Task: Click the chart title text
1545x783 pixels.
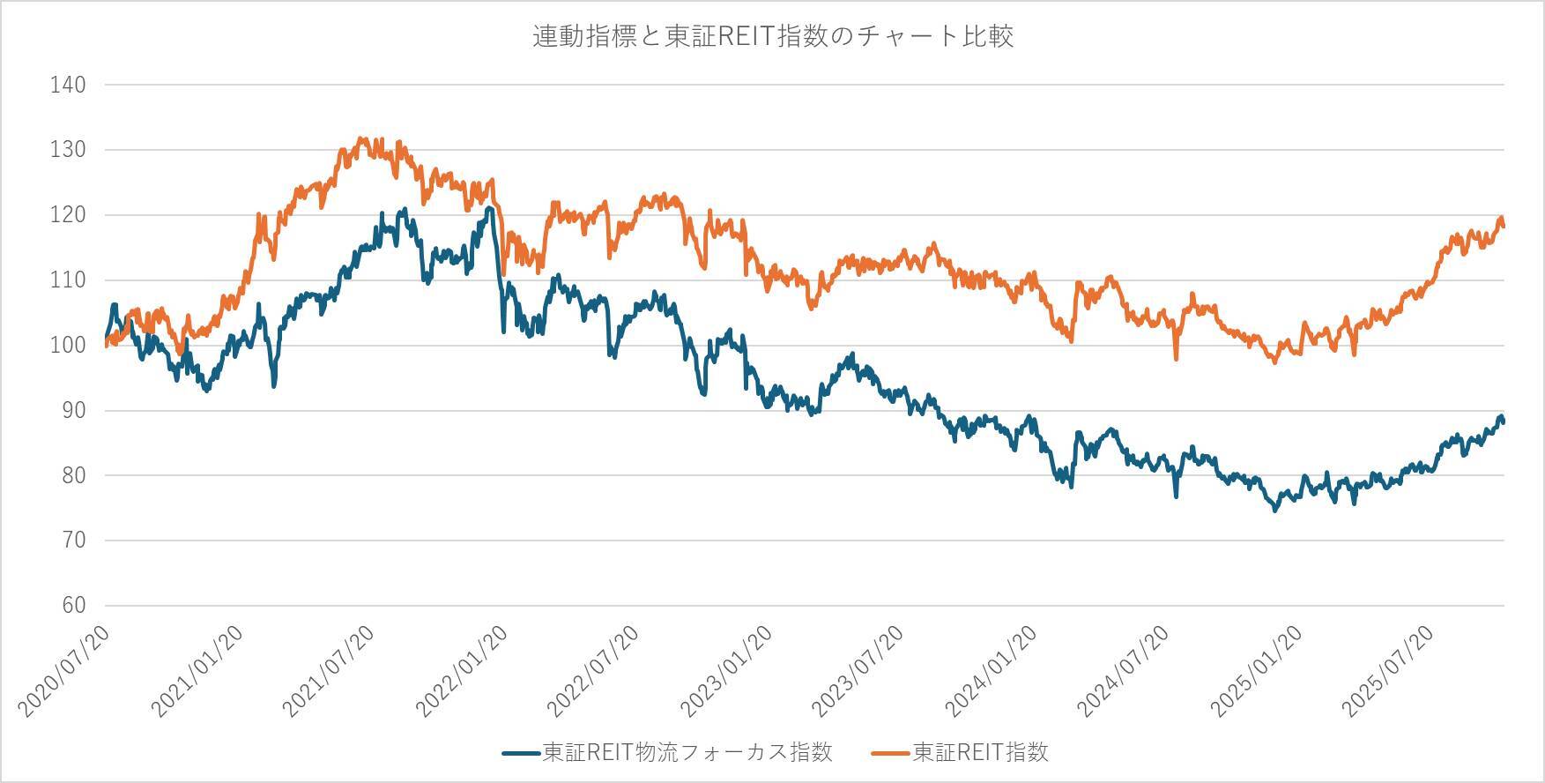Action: click(x=772, y=36)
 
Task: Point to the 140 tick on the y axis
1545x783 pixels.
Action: click(x=69, y=85)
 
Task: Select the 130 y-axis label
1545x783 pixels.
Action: click(x=69, y=150)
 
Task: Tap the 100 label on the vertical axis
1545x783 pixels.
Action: click(x=69, y=346)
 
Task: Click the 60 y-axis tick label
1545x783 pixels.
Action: click(x=73, y=606)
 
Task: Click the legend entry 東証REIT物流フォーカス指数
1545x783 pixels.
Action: click(x=687, y=752)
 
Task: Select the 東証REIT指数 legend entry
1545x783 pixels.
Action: click(x=980, y=752)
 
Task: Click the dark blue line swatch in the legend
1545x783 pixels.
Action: click(x=521, y=753)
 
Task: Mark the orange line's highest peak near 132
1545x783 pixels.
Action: click(x=360, y=138)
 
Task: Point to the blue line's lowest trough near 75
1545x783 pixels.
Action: click(x=1274, y=510)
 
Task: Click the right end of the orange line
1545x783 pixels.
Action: click(x=1504, y=226)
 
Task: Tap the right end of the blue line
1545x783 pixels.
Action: click(x=1504, y=421)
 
